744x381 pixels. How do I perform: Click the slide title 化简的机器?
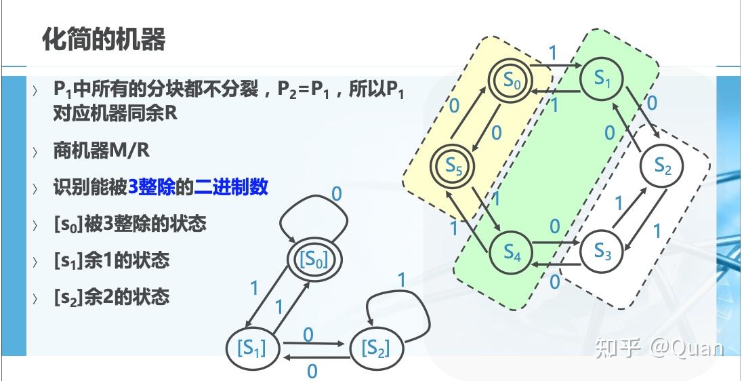[104, 39]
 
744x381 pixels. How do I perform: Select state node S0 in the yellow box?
[512, 81]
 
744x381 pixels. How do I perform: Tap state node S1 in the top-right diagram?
[602, 79]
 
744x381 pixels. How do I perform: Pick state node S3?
[602, 252]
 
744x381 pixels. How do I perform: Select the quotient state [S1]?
[250, 348]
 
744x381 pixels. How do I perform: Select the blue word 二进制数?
[231, 187]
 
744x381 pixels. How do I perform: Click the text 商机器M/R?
[101, 151]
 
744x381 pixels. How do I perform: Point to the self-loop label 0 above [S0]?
[337, 195]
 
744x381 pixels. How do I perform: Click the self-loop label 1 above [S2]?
[401, 279]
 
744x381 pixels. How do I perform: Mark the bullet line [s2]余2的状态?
[111, 296]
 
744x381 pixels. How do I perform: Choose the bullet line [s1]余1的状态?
[111, 260]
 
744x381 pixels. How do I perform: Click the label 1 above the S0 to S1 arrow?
[554, 53]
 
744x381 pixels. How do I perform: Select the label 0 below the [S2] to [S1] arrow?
[312, 371]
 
